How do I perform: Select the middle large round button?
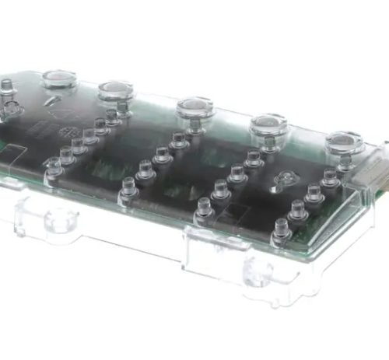pyautogui.click(x=194, y=106)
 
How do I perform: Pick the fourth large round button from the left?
pyautogui.click(x=268, y=123)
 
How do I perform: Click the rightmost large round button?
pyautogui.click(x=343, y=142)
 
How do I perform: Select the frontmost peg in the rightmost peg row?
pyautogui.click(x=282, y=229)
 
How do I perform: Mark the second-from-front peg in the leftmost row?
pyautogui.click(x=66, y=155)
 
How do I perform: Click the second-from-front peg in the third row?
pyautogui.click(x=221, y=191)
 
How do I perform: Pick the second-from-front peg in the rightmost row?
pyautogui.click(x=298, y=210)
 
